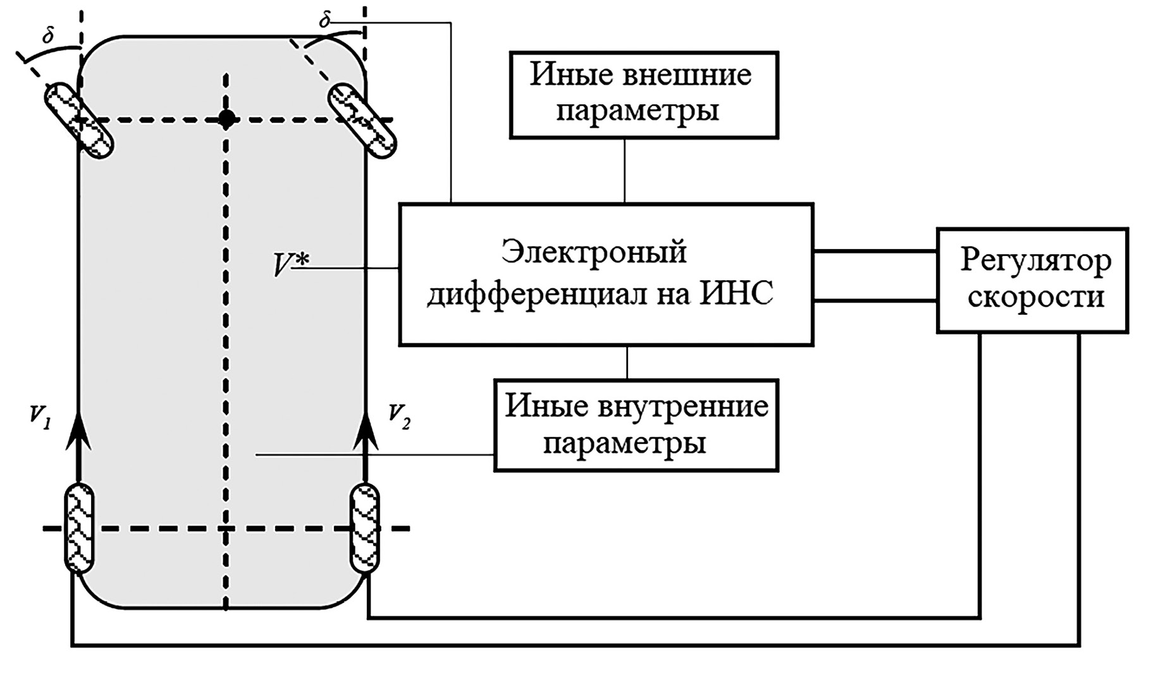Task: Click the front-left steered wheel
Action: click(x=78, y=120)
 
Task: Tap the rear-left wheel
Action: click(x=79, y=528)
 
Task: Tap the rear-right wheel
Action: click(x=365, y=527)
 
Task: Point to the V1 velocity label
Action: click(x=39, y=417)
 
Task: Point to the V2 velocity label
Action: click(x=398, y=417)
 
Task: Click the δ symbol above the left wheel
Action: click(x=48, y=36)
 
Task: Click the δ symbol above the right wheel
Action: click(x=324, y=20)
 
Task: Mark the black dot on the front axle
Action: click(x=226, y=118)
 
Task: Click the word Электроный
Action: click(x=594, y=253)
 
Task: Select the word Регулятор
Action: click(x=1035, y=260)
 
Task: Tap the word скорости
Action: click(x=1035, y=297)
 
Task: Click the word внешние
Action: click(x=687, y=75)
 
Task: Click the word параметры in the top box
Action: click(x=637, y=111)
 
